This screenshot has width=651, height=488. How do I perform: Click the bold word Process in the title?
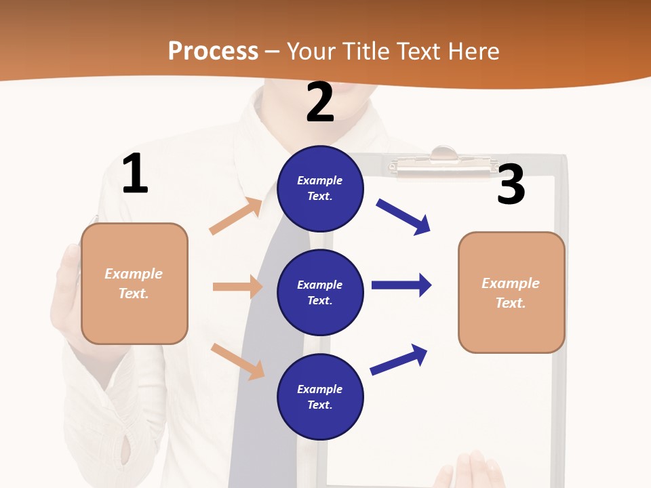coord(213,51)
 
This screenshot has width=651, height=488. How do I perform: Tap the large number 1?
coord(135,174)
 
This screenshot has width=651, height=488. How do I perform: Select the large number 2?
coord(320,102)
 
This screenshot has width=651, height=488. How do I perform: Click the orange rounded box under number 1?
coord(134,283)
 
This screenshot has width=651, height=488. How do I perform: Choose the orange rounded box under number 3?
coord(511,292)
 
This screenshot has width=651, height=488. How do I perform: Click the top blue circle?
coord(320,188)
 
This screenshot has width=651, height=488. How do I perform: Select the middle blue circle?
coord(320,292)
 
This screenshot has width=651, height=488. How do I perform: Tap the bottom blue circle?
coord(320,396)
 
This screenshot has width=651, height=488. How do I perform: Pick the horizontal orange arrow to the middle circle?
coord(237,287)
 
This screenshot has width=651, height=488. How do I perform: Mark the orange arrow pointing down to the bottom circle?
coord(237,361)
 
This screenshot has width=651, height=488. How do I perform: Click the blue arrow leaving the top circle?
coord(403,217)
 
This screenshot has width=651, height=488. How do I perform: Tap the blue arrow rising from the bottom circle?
coord(399,360)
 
